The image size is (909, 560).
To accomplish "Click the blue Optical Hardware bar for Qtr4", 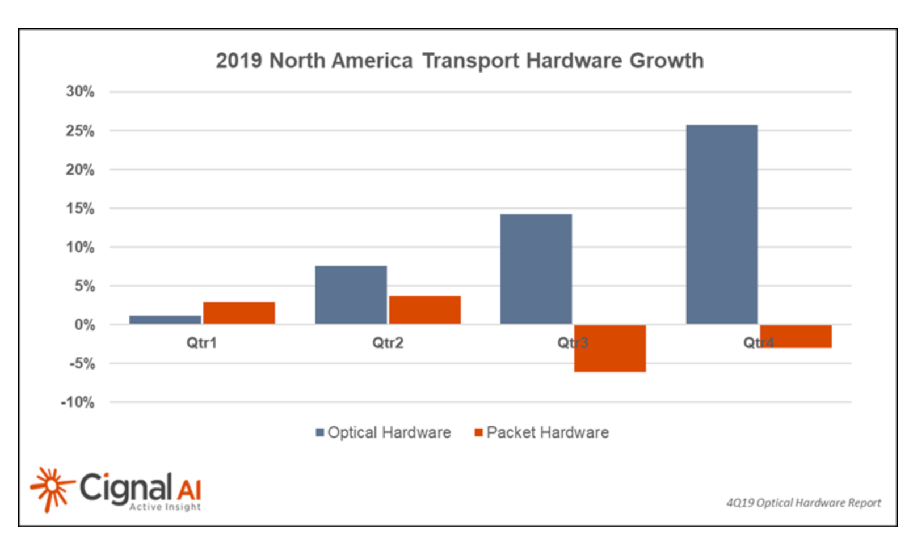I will coord(721,224).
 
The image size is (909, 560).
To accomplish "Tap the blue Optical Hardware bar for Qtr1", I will coord(165,320).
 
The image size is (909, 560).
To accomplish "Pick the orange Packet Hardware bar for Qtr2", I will coord(424,310).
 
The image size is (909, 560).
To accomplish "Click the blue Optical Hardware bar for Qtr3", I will coord(536,269).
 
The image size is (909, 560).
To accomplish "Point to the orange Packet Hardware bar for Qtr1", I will coord(239,313).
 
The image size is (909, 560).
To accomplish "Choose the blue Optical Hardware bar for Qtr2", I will coord(351,295).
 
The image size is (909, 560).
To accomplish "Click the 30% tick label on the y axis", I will coord(80,91).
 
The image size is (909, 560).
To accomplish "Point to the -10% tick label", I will coord(78,402).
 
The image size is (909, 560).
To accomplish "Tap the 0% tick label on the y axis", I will coord(85,325).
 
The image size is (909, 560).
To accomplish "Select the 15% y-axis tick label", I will coord(80,209).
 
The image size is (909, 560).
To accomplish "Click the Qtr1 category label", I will coord(201,343).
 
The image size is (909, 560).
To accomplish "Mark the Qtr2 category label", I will coord(388,343).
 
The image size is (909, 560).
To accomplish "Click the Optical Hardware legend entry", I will coord(384,432).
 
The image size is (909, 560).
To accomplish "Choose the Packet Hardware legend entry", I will coord(542,432).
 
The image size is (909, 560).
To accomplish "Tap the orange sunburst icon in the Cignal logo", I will coord(52,488).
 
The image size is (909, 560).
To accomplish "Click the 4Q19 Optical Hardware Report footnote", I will coord(803,503).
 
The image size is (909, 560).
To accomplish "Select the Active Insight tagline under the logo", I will coord(165,507).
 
